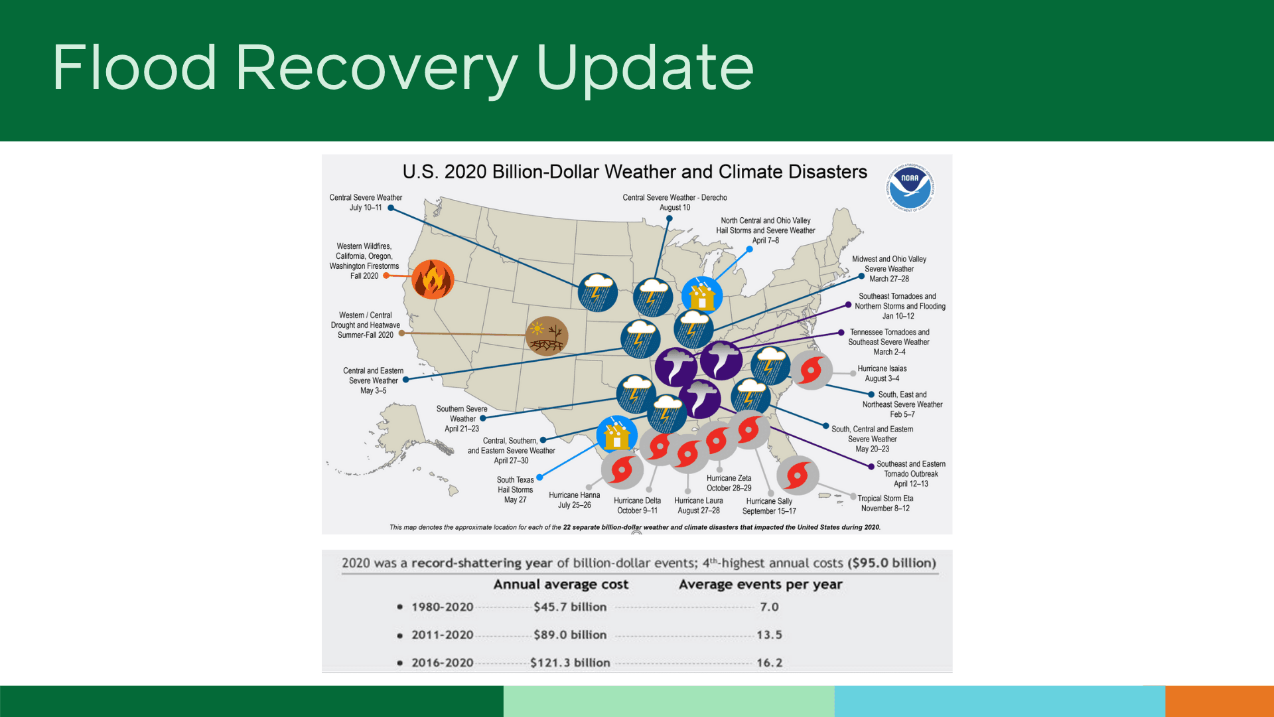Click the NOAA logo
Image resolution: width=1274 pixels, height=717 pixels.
coord(910,187)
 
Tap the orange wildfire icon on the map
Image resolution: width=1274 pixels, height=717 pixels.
coord(433,279)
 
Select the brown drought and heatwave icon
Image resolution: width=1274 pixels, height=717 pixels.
coord(547,335)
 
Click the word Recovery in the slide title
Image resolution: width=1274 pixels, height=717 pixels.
coord(376,68)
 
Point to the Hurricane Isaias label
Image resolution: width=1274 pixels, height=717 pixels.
coord(882,373)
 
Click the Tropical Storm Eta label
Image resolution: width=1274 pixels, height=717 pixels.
coord(885,503)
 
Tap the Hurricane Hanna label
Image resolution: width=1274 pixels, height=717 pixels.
coord(574,500)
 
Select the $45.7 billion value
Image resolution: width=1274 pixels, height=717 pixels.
coord(570,607)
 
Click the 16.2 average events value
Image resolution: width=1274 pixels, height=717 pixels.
coord(769,663)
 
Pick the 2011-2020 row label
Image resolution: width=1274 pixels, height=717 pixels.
coord(442,635)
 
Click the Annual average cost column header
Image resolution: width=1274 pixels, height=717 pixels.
coord(561,584)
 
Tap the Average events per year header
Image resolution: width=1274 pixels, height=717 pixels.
coord(760,584)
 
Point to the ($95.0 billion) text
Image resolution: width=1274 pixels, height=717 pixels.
coord(892,563)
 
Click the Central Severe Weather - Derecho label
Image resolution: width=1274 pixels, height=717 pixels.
coord(675,202)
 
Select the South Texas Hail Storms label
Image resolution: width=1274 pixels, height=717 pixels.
coord(515,489)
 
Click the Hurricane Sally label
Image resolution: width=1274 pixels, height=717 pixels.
coord(769,506)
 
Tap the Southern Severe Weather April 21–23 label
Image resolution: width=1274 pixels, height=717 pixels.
coord(462,418)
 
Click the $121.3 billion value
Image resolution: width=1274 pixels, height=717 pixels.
coord(570,663)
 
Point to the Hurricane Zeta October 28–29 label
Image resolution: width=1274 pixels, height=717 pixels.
coord(729,483)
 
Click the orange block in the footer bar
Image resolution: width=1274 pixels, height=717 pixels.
coord(1219,701)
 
